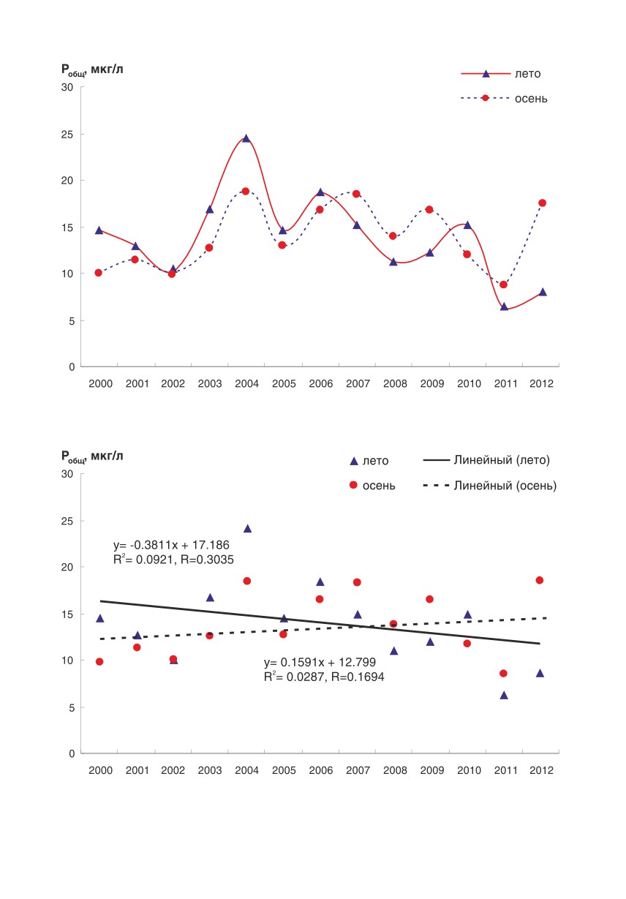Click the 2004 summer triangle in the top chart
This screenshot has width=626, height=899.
click(246, 138)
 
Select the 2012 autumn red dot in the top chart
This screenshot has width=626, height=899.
click(543, 203)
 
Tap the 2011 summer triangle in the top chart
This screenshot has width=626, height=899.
click(505, 306)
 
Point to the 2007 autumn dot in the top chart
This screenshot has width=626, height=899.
click(356, 194)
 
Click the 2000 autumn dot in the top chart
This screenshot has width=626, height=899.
click(98, 273)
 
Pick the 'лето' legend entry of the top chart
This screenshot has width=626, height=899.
click(501, 74)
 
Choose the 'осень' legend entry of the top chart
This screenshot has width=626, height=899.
click(504, 98)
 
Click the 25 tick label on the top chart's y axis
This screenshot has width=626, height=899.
click(67, 135)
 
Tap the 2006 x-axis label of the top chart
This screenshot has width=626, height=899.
click(320, 384)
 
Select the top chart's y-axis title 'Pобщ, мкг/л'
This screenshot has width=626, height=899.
click(92, 69)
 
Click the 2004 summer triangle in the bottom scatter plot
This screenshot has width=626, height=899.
click(248, 529)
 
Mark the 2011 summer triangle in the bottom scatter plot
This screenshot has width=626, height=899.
click(504, 696)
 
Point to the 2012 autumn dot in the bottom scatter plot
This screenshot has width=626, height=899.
click(540, 580)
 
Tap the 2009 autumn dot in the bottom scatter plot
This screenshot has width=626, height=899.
click(429, 599)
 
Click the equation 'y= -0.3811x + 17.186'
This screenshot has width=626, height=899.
click(171, 545)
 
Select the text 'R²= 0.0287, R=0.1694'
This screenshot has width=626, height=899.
click(324, 677)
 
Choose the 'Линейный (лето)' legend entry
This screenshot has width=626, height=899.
click(486, 460)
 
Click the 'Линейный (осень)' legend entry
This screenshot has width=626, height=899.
click(490, 486)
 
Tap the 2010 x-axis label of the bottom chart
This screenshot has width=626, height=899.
click(469, 770)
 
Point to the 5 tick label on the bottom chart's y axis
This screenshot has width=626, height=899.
click(72, 708)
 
